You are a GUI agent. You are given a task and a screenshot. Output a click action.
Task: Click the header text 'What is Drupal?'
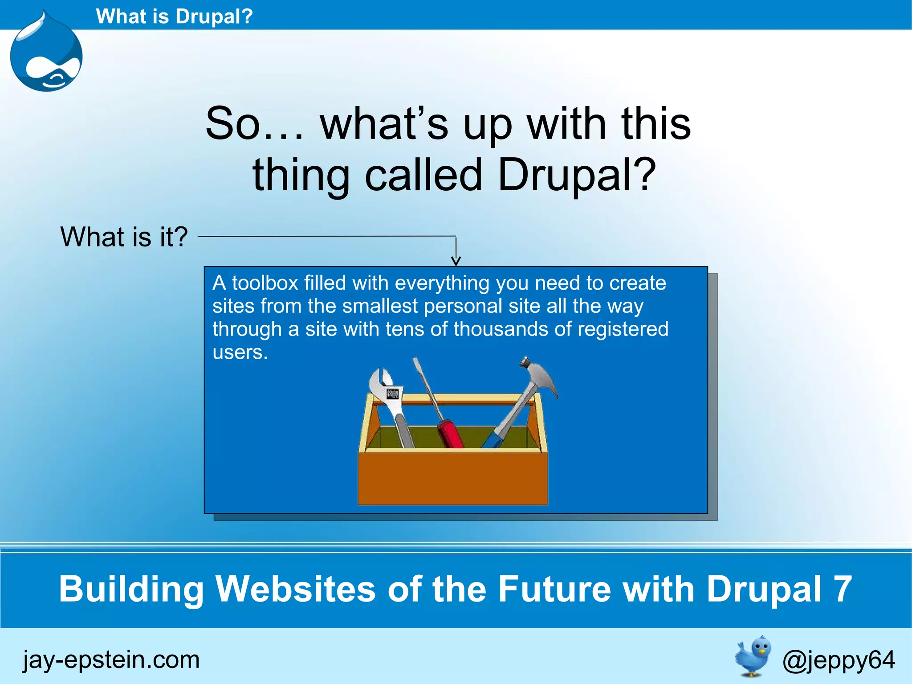[x=174, y=16]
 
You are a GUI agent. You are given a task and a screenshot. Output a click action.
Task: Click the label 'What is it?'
[x=124, y=237]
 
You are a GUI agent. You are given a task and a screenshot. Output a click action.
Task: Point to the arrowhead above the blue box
[x=456, y=261]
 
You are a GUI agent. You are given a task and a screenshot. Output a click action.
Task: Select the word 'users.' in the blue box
[x=240, y=352]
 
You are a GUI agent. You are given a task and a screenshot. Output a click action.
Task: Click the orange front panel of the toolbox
[x=452, y=479]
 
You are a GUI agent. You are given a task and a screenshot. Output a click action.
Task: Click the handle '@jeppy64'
[x=838, y=660]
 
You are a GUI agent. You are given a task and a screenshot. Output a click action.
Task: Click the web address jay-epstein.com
[x=111, y=660]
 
